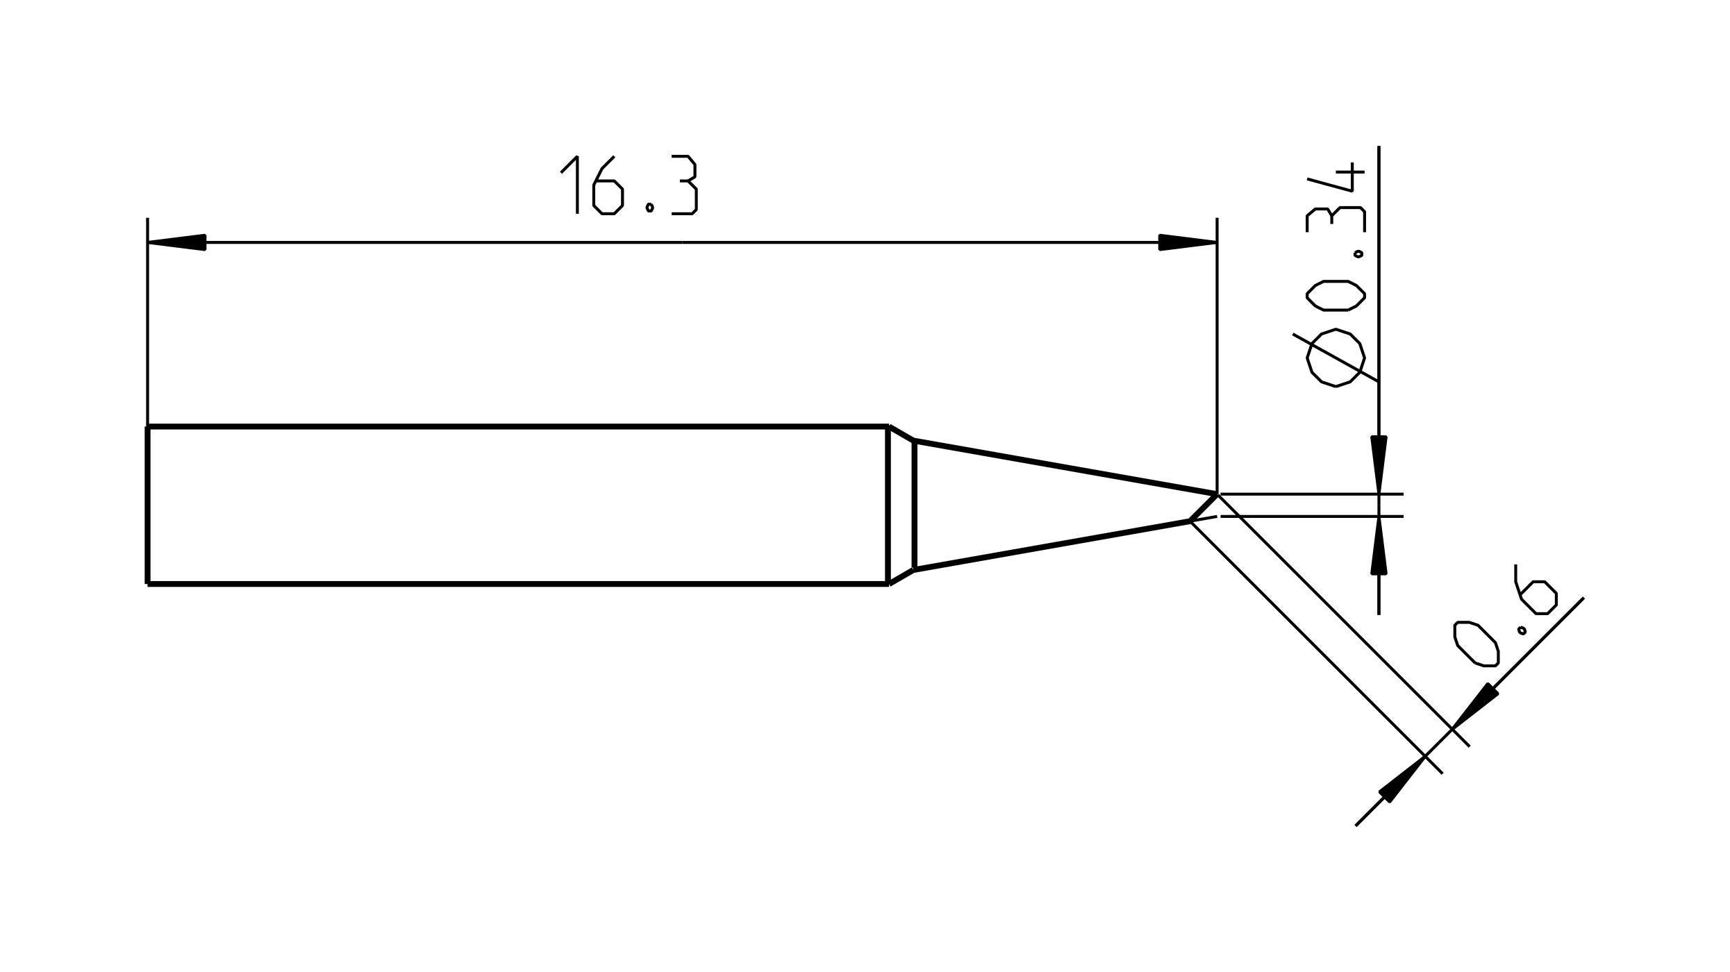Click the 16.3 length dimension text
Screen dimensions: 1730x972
pyautogui.click(x=629, y=185)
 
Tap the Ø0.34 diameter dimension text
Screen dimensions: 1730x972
pyautogui.click(x=1335, y=274)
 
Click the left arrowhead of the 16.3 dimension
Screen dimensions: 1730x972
pyautogui.click(x=177, y=242)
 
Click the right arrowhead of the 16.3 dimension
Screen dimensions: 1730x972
pyautogui.click(x=1187, y=242)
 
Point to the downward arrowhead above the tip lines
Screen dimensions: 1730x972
pyautogui.click(x=1379, y=464)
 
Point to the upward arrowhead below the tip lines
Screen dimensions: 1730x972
pyautogui.click(x=1379, y=546)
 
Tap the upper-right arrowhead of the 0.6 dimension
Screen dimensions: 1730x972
pyautogui.click(x=1474, y=706)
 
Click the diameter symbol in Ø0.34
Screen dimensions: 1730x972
pyautogui.click(x=1335, y=358)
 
